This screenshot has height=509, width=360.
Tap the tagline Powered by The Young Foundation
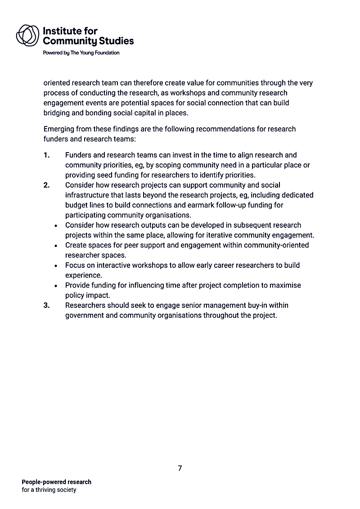(81, 53)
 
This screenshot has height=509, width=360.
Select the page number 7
(180, 468)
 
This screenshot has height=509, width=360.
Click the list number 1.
(46, 155)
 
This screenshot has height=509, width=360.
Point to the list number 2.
(46, 185)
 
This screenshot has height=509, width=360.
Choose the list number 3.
(46, 305)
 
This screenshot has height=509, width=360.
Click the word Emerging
(59, 129)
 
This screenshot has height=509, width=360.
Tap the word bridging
(57, 113)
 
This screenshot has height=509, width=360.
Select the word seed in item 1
(101, 175)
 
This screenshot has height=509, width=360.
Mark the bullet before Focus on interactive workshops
(55, 266)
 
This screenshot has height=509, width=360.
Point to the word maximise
(285, 285)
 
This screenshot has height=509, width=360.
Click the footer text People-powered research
(56, 482)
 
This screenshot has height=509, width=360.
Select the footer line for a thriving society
(49, 490)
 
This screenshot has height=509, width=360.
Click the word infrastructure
(88, 195)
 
